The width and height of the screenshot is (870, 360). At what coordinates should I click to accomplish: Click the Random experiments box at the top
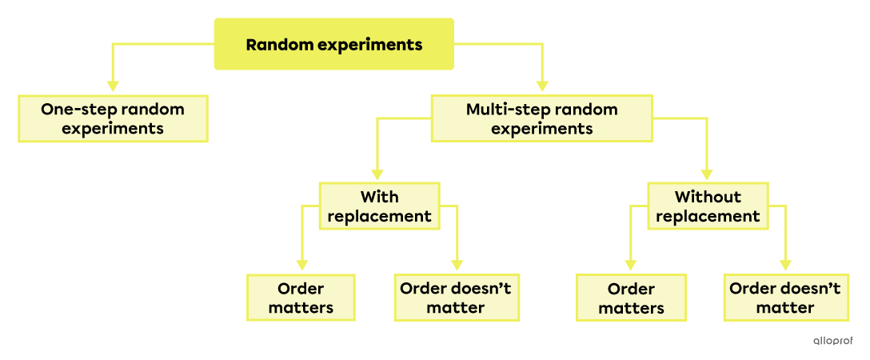[x=333, y=45]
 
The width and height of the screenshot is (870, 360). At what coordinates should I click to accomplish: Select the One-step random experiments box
[x=113, y=118]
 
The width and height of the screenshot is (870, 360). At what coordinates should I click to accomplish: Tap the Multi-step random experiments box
[x=541, y=118]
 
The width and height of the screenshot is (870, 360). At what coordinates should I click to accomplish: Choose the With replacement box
[x=379, y=206]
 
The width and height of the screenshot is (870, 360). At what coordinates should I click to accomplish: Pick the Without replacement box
[x=707, y=206]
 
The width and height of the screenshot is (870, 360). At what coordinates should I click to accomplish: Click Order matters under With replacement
[x=301, y=298]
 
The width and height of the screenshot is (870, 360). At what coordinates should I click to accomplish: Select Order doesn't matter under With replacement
[x=455, y=298]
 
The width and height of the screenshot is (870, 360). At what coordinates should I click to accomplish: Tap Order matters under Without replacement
[x=631, y=298]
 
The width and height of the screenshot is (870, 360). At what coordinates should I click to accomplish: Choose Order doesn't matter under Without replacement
[x=784, y=298]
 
